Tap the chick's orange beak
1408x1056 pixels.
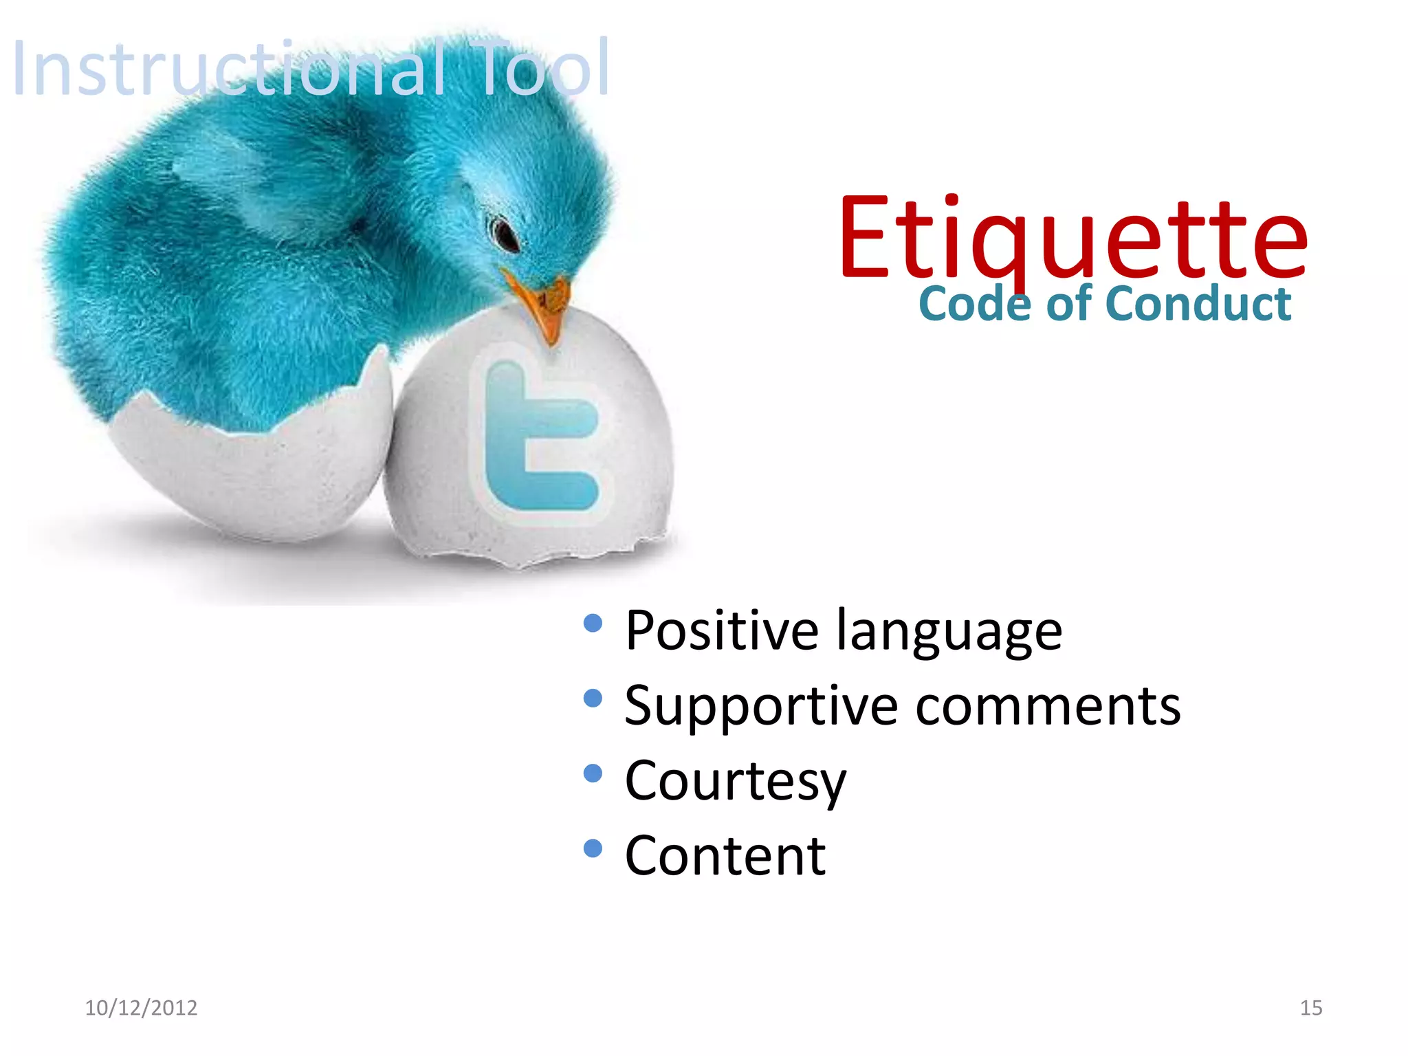pyautogui.click(x=543, y=302)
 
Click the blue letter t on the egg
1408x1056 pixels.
pyautogui.click(x=536, y=440)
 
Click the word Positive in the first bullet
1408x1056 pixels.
pyautogui.click(x=722, y=630)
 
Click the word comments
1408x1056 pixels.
pyautogui.click(x=1048, y=707)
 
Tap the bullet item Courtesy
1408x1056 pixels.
pyautogui.click(x=736, y=782)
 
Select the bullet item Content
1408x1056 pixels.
pyautogui.click(x=725, y=856)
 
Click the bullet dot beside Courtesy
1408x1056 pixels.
pyautogui.click(x=593, y=773)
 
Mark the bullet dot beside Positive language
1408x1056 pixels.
pyautogui.click(x=593, y=624)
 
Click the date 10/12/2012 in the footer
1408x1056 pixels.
pyautogui.click(x=141, y=1008)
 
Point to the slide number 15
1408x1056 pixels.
pyautogui.click(x=1311, y=1008)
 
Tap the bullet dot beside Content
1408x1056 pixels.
pyautogui.click(x=593, y=848)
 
